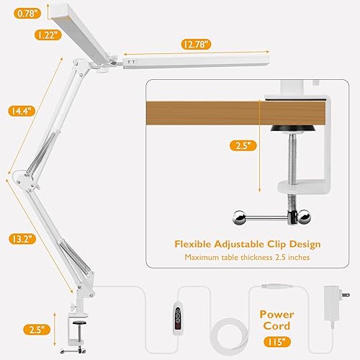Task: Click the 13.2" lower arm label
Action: click(x=20, y=240)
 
